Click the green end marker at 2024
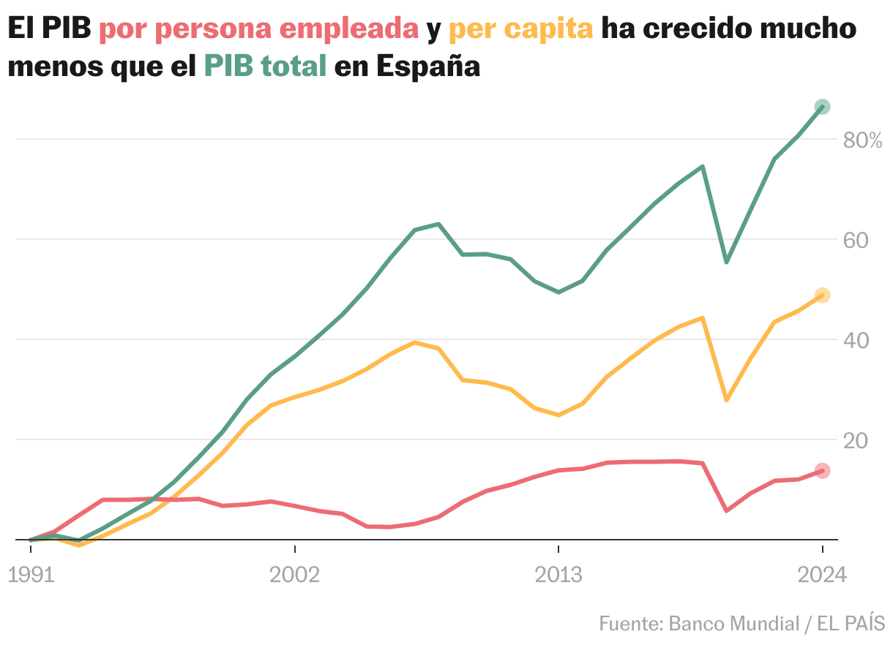click(822, 107)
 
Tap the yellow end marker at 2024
click(822, 295)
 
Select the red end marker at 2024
click(822, 470)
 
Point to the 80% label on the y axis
click(862, 140)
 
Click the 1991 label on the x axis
click(31, 575)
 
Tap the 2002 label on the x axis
click(294, 575)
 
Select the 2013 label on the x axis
click(558, 575)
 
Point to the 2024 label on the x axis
click(822, 575)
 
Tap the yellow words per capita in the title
click(520, 29)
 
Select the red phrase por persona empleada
click(258, 29)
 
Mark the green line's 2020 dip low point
click(726, 262)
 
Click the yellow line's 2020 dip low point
click(726, 400)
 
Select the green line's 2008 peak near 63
click(438, 224)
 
